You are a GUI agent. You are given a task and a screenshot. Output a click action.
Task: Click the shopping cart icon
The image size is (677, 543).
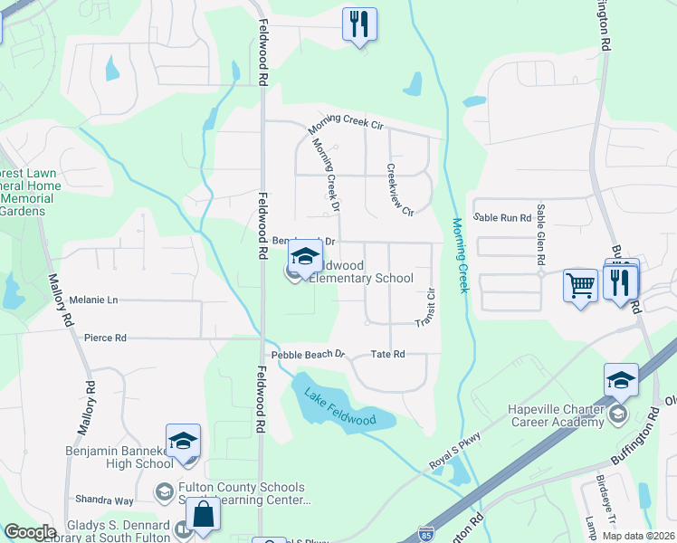pyautogui.click(x=579, y=284)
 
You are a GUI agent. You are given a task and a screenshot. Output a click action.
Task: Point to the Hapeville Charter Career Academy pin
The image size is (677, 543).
pyautogui.click(x=621, y=380)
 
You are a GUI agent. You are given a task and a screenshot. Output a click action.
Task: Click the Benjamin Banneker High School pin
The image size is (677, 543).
pyautogui.click(x=183, y=441)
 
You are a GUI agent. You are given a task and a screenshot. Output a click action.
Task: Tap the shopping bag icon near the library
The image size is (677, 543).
pyautogui.click(x=204, y=515)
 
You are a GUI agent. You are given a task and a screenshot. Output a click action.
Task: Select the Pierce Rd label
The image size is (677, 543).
pyautogui.click(x=105, y=338)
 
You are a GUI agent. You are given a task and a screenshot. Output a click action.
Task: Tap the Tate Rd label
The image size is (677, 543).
pyautogui.click(x=386, y=354)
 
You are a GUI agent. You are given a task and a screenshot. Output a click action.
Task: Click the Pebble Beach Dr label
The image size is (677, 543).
pyautogui.click(x=309, y=354)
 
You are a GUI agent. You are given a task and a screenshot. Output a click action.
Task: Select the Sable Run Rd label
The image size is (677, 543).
pyautogui.click(x=502, y=217)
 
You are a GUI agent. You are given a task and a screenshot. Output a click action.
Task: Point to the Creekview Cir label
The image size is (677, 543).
pyautogui.click(x=399, y=189)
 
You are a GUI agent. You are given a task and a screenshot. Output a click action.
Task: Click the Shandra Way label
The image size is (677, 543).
pyautogui.click(x=104, y=500)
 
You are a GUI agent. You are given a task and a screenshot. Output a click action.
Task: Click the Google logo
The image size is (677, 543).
pyautogui.click(x=29, y=532)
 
